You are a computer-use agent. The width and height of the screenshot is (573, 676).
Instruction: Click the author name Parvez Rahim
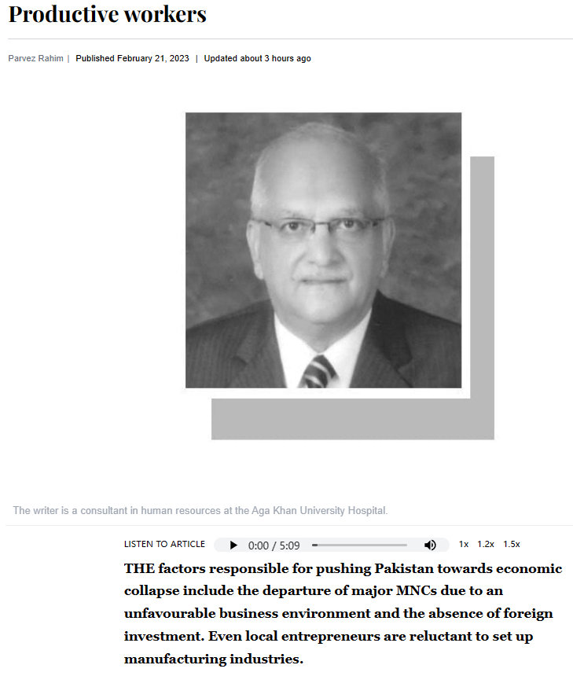pos(35,58)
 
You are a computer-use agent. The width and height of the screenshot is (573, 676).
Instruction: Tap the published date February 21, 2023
pos(153,58)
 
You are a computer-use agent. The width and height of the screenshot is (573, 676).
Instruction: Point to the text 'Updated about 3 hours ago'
pos(257,58)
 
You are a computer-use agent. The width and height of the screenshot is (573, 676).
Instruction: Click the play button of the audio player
pos(233,546)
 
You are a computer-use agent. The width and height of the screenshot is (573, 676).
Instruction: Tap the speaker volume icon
pos(430,546)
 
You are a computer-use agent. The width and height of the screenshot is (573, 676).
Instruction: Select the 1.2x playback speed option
pos(486,544)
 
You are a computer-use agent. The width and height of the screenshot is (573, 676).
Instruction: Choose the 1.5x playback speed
pos(512,544)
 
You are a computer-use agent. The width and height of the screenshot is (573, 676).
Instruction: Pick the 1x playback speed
pos(464,544)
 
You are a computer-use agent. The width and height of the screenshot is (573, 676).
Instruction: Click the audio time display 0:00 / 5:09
pos(274,546)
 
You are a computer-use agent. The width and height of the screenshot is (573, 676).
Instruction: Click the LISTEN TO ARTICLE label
pos(164,544)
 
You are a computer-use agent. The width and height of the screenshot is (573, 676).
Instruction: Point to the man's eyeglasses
pos(318,229)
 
